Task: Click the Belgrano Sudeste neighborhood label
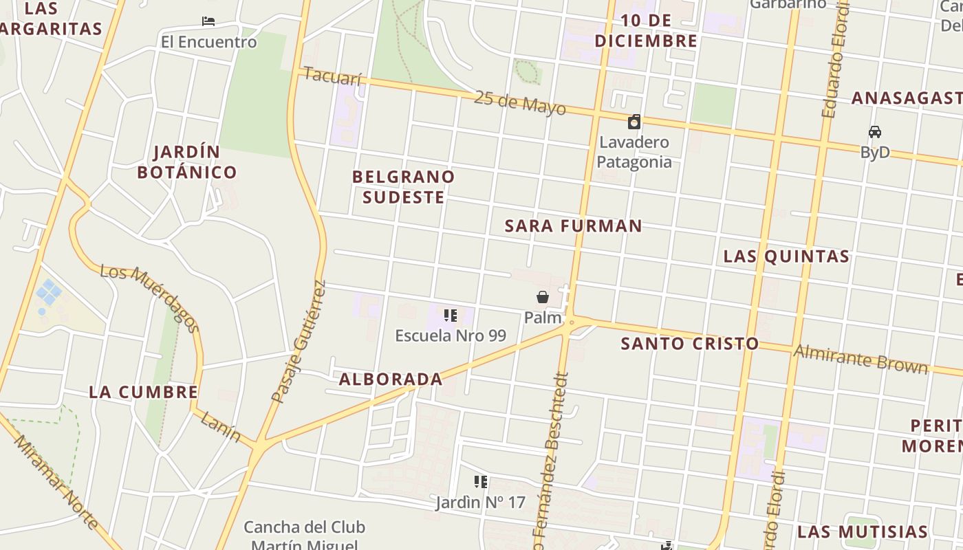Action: tap(403, 186)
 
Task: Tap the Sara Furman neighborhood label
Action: tap(573, 225)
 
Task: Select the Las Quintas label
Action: tap(786, 256)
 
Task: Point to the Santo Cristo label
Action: tap(689, 344)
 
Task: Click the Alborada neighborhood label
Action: tap(391, 379)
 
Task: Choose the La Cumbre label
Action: tap(143, 393)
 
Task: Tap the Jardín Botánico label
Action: tap(186, 162)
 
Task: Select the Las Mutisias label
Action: tap(862, 531)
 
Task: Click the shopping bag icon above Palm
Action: tap(543, 297)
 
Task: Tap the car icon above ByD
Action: tap(875, 132)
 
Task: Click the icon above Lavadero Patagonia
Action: tap(634, 122)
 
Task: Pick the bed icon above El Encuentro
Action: tap(208, 21)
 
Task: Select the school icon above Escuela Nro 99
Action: tap(451, 316)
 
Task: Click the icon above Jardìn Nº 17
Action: tap(481, 482)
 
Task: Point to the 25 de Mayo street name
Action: tap(519, 102)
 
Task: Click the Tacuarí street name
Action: tap(332, 76)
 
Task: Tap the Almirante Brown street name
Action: tap(861, 359)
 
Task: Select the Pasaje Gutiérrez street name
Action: tap(299, 341)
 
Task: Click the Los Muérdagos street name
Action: tap(150, 297)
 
